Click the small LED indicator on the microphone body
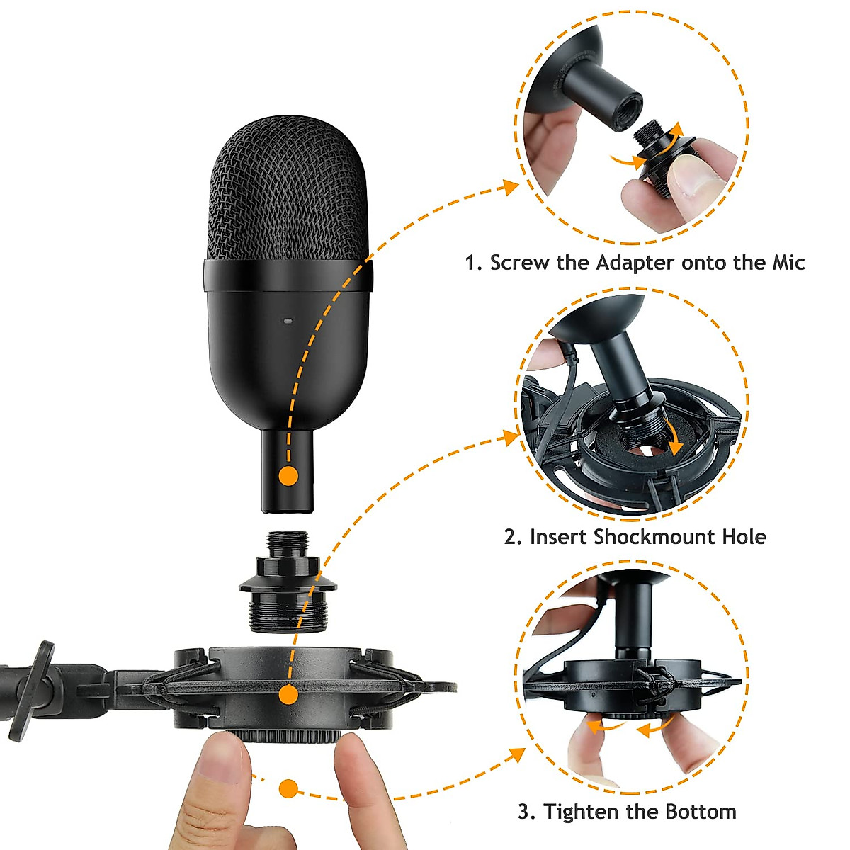point(288,321)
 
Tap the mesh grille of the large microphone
point(288,191)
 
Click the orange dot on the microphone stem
point(288,475)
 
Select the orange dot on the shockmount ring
point(288,695)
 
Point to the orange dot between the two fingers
point(288,788)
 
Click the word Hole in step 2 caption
point(744,536)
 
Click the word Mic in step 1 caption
point(788,263)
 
